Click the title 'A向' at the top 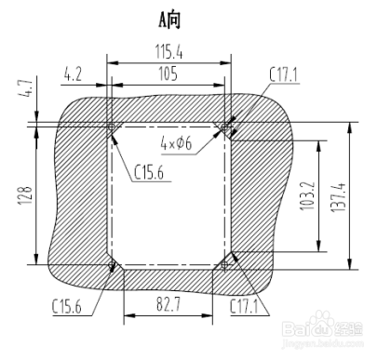coord(169,20)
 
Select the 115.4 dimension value coord(169,51)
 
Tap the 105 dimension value coord(168,73)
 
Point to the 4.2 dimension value coord(73,74)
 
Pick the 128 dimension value coord(25,195)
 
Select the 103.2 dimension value coord(308,196)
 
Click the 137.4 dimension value coord(338,197)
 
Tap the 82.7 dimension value coord(169,304)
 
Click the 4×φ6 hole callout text coord(176,143)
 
